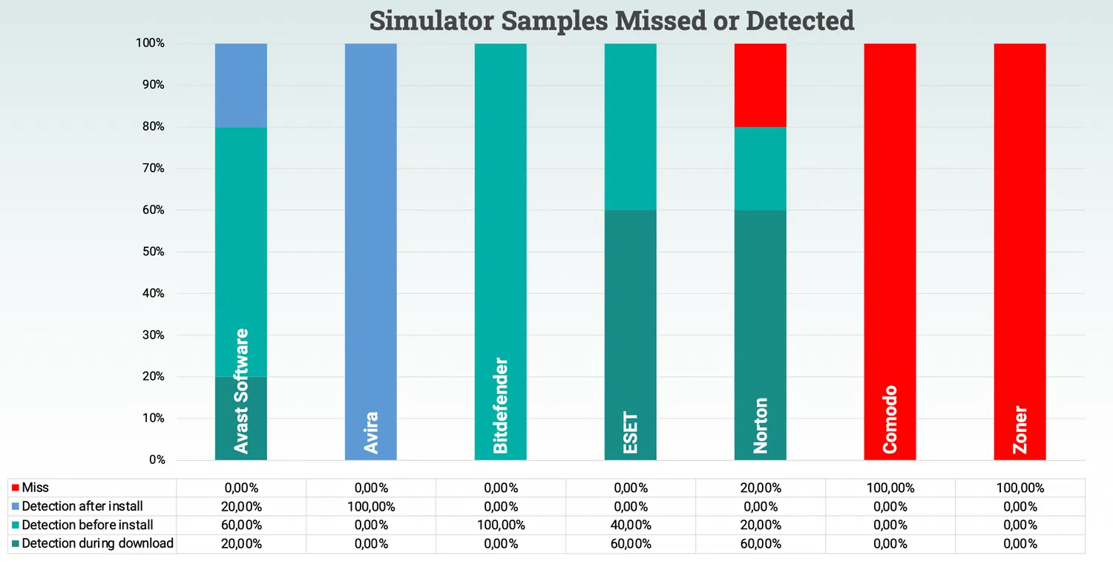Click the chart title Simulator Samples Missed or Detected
[611, 20]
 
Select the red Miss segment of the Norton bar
[760, 85]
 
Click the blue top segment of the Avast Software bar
[240, 85]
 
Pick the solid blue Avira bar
[370, 223]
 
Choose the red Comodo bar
[890, 223]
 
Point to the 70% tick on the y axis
[152, 168]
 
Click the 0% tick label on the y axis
[157, 460]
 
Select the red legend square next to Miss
[16, 488]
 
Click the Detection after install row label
[82, 506]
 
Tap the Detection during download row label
[97, 543]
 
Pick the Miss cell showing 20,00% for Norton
[760, 488]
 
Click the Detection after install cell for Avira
[370, 506]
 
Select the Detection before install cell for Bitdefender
[500, 525]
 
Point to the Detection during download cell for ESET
[630, 543]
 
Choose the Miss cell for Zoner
[1020, 488]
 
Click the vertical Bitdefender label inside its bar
[501, 405]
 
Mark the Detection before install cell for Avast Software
[240, 525]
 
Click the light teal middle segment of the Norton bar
[760, 168]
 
